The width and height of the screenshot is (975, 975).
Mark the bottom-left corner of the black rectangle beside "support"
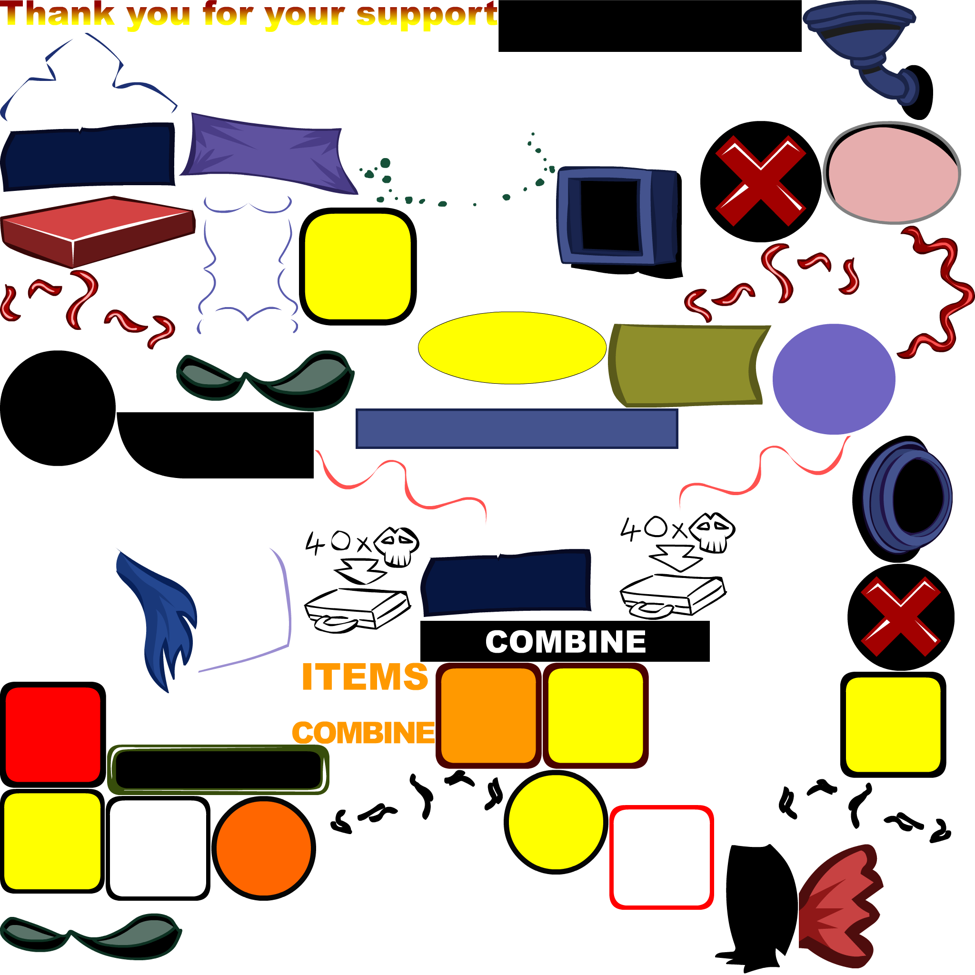pyautogui.click(x=498, y=51)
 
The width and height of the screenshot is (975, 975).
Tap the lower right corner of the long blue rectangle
pyautogui.click(x=678, y=448)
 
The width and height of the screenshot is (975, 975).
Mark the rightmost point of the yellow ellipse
pyautogui.click(x=606, y=348)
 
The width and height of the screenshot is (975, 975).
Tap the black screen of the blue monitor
pyautogui.click(x=610, y=215)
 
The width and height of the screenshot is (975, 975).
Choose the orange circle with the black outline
pyautogui.click(x=263, y=848)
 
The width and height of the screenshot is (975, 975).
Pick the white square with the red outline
pyautogui.click(x=661, y=857)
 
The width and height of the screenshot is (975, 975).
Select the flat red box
pyautogui.click(x=98, y=232)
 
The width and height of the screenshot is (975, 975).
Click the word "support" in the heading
pyautogui.click(x=427, y=15)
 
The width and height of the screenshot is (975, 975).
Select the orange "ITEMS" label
pyautogui.click(x=364, y=677)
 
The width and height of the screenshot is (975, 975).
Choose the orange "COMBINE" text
pyautogui.click(x=363, y=733)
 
